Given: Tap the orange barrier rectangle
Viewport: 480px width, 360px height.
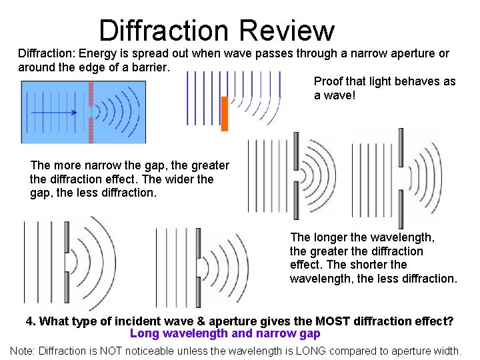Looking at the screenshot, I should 225,113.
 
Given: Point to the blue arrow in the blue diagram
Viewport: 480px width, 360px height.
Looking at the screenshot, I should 54,113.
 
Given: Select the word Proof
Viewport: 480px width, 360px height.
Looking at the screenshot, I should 328,81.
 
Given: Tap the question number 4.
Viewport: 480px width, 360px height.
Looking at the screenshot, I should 30,321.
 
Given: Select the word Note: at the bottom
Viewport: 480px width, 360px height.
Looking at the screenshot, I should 23,350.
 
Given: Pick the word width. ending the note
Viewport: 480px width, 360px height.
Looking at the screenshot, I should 447,350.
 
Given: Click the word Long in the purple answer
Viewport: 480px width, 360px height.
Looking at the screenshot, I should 143,333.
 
